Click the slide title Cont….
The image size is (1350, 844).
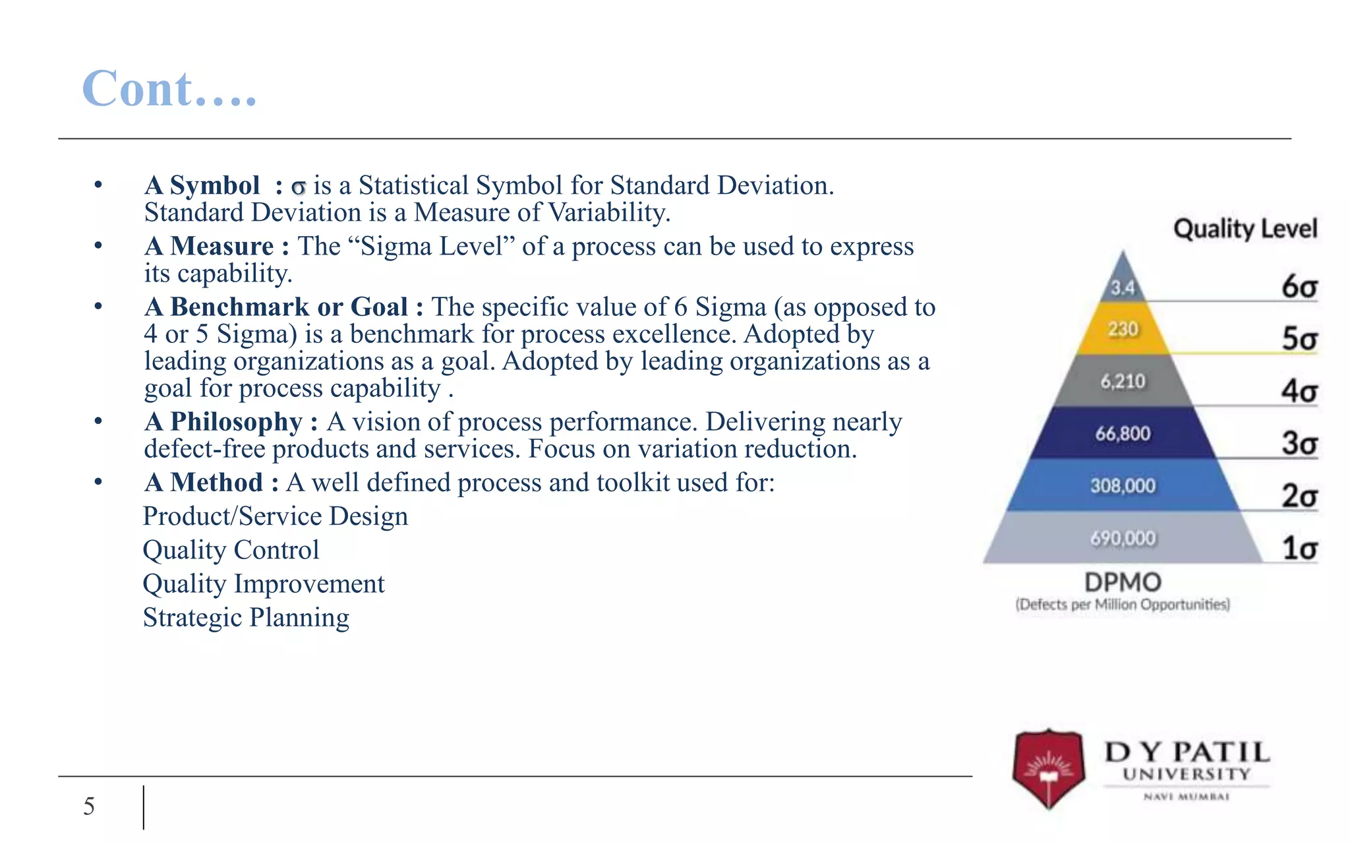pyautogui.click(x=169, y=88)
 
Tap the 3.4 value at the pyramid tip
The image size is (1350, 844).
pyautogui.click(x=1123, y=288)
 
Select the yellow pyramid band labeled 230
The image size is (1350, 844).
pyautogui.click(x=1123, y=328)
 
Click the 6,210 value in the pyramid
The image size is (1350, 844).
pyautogui.click(x=1123, y=381)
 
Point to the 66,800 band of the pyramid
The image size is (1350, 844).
pyautogui.click(x=1123, y=433)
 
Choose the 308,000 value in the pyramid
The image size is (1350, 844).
pyautogui.click(x=1123, y=486)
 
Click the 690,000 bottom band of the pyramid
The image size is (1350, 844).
pyautogui.click(x=1123, y=538)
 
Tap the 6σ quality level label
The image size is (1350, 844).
pyautogui.click(x=1299, y=287)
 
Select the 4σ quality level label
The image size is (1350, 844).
pyautogui.click(x=1299, y=391)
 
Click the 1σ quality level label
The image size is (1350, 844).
pyautogui.click(x=1299, y=548)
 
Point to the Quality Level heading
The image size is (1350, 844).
pyautogui.click(x=1245, y=229)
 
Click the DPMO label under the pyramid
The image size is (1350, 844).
pyautogui.click(x=1123, y=583)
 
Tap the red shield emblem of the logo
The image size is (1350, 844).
pyautogui.click(x=1048, y=769)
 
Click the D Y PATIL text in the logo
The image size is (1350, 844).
pyautogui.click(x=1187, y=752)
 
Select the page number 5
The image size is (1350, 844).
pyautogui.click(x=89, y=806)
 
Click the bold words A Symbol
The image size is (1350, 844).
pyautogui.click(x=202, y=185)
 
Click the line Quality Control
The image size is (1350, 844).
pyautogui.click(x=231, y=550)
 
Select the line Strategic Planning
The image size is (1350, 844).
pyautogui.click(x=246, y=618)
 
